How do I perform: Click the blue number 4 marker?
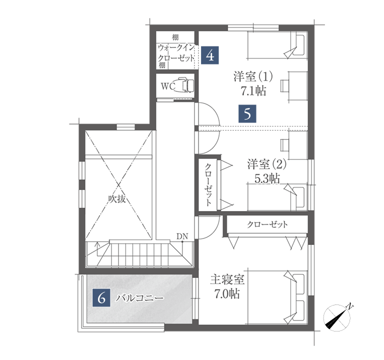[210, 55]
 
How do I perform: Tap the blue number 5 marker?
[247, 114]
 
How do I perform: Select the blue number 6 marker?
[101, 298]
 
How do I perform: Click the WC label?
[168, 86]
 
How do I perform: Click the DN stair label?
[182, 236]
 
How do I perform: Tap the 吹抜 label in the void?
[117, 199]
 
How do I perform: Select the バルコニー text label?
[139, 298]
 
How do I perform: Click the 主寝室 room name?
[227, 280]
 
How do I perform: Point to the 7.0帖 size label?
[227, 294]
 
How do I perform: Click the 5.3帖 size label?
[267, 178]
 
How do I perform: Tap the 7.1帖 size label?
[253, 91]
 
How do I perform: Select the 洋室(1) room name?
[253, 76]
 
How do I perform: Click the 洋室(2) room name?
[267, 164]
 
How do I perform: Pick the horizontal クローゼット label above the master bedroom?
[267, 224]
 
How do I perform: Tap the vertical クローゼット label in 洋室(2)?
[207, 185]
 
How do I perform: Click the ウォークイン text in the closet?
[176, 47]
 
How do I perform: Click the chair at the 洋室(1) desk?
[284, 85]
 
